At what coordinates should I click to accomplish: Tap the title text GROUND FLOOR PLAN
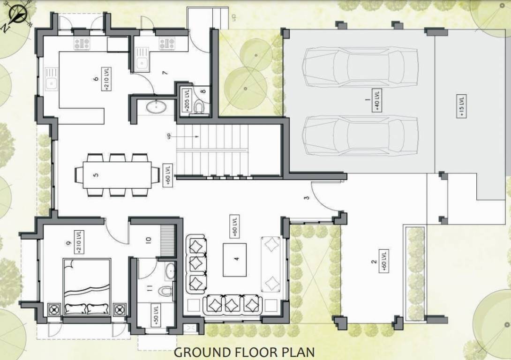pyautogui.click(x=244, y=352)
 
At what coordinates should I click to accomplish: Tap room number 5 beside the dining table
pyautogui.click(x=96, y=175)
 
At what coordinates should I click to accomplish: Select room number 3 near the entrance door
pyautogui.click(x=307, y=197)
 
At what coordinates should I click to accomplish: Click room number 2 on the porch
pyautogui.click(x=374, y=262)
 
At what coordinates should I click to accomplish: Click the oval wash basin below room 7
pyautogui.click(x=155, y=107)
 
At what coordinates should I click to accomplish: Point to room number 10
pyautogui.click(x=149, y=240)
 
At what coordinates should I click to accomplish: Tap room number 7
pyautogui.click(x=165, y=73)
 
